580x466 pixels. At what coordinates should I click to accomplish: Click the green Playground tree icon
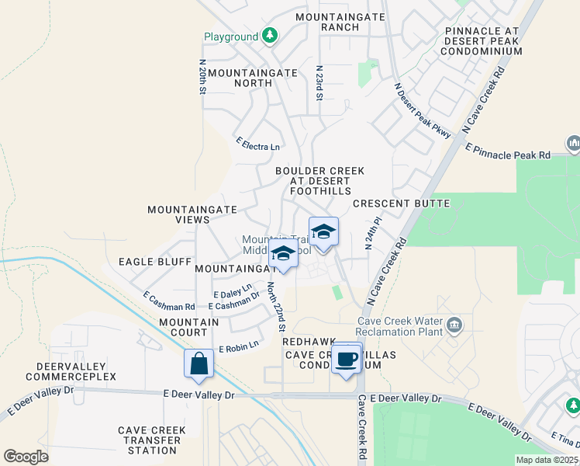tap(269, 36)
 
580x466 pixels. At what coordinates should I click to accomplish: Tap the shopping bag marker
tap(199, 363)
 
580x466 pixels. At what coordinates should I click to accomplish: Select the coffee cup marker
tap(347, 360)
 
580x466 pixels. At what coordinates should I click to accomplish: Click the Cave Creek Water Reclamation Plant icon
tap(454, 324)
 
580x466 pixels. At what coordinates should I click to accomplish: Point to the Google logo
tap(26, 456)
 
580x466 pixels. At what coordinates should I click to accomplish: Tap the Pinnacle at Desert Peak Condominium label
tap(481, 40)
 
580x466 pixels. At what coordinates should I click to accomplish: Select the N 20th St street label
tap(202, 78)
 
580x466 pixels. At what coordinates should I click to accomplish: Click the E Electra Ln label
tap(258, 144)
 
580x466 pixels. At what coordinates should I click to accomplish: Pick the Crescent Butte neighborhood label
tap(401, 203)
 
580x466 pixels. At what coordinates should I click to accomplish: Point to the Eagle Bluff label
tap(154, 262)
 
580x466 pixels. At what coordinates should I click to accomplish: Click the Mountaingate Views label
tap(179, 214)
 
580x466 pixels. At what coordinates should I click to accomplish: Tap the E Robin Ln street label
tap(238, 347)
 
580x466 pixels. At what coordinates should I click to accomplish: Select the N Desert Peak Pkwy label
tap(422, 111)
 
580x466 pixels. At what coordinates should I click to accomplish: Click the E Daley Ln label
tap(233, 292)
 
